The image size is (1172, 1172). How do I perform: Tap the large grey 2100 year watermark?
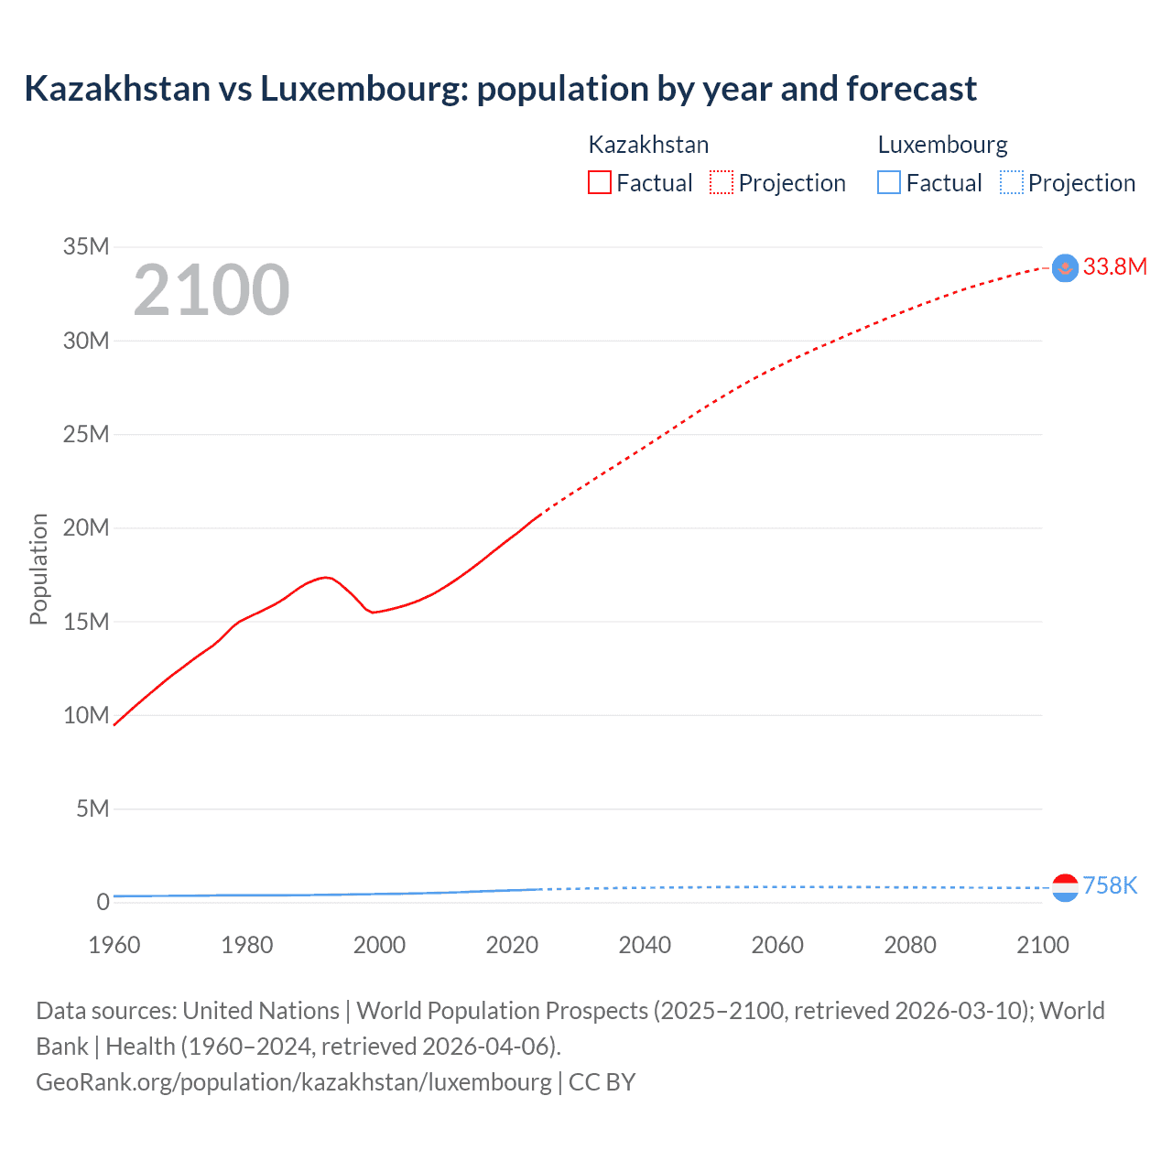[x=212, y=290]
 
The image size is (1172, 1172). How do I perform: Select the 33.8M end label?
[x=1114, y=266]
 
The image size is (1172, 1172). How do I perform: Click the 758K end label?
[x=1110, y=885]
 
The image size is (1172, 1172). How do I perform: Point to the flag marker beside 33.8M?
[x=1065, y=267]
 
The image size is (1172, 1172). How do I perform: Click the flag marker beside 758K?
[x=1065, y=887]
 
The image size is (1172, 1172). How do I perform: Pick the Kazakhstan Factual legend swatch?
[x=599, y=183]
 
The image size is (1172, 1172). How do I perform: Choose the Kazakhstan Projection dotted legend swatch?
[x=722, y=183]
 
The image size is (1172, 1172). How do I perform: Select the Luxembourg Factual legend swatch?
[x=889, y=183]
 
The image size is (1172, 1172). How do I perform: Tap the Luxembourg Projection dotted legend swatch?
[x=1012, y=183]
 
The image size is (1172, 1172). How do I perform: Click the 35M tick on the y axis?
[x=86, y=246]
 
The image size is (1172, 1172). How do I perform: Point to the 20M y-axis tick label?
[x=86, y=527]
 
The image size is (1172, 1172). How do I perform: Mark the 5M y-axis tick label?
[x=92, y=808]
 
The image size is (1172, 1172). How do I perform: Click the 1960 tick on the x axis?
[x=114, y=945]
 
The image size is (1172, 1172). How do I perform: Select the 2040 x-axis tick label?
[x=645, y=945]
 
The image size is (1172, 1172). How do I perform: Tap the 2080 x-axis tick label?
[x=910, y=945]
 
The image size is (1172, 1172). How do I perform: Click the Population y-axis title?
[x=38, y=569]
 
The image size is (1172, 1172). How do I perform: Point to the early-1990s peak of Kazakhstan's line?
[x=325, y=577]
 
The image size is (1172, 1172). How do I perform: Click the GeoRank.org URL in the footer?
[x=294, y=1082]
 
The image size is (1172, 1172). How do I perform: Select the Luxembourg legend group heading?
[x=942, y=145]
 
